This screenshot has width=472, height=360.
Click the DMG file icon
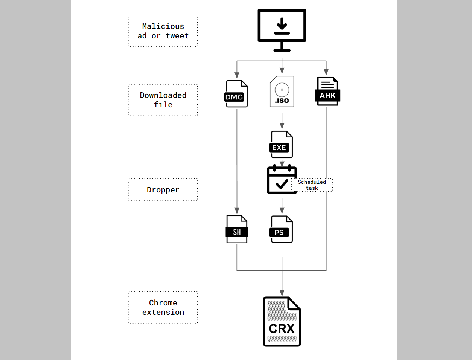pos(236,94)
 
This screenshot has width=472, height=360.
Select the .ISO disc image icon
pos(282,92)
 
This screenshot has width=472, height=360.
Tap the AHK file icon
pos(327,91)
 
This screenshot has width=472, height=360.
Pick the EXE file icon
pos(281,144)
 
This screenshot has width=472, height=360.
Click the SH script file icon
pos(237,229)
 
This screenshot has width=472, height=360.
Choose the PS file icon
pos(281,229)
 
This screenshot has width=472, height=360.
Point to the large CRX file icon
pos(282,322)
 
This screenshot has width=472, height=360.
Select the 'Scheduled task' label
pos(312,185)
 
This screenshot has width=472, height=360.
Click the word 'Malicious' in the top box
pos(163,26)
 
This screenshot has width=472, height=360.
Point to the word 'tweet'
pos(177,36)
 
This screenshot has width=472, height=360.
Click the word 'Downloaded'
pos(163,95)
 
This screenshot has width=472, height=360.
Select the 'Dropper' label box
pos(163,190)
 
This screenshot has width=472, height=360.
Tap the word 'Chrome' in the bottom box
pos(163,303)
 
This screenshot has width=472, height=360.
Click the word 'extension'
pos(163,312)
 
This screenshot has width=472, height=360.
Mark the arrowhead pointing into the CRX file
pos(282,293)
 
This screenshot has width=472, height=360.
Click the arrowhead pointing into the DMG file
pos(237,75)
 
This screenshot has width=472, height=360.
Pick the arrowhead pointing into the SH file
pos(237,211)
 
